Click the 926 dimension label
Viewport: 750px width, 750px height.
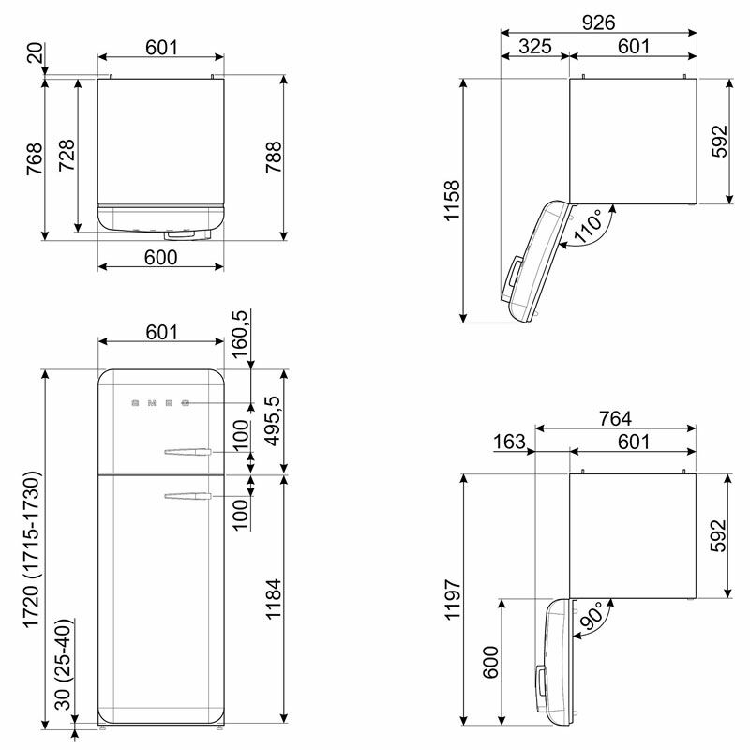[598, 22]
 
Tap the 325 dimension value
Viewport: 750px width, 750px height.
[535, 46]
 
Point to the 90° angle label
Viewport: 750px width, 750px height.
[592, 616]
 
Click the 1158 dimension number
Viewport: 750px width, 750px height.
[452, 201]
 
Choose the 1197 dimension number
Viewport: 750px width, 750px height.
[452, 599]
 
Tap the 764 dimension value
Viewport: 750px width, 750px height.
[616, 418]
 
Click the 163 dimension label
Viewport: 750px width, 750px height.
[509, 442]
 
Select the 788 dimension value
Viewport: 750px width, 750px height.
[274, 157]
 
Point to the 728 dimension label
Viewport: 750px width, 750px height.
[67, 156]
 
